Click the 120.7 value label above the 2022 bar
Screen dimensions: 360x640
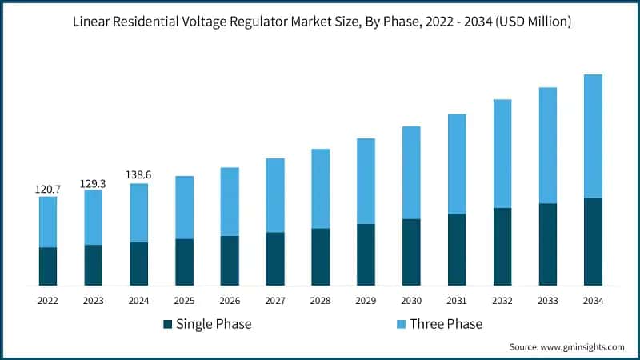coord(48,190)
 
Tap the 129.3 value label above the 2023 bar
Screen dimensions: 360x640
coord(93,183)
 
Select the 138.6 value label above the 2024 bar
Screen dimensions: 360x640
coord(138,174)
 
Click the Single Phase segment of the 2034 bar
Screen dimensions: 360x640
coord(593,242)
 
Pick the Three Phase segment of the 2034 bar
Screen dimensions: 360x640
coord(593,136)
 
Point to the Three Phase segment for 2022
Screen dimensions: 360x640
coord(48,222)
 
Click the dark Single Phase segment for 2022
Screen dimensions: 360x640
coord(48,266)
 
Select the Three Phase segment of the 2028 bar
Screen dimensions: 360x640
coord(320,189)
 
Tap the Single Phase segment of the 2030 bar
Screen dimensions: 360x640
coord(411,252)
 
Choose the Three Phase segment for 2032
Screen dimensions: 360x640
coord(502,154)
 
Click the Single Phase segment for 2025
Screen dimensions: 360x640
coord(184,262)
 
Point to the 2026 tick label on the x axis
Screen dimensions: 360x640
coord(230,301)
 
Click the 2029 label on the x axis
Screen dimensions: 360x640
coord(366,301)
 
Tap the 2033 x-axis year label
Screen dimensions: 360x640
coord(547,301)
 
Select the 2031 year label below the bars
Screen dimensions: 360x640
coord(457,301)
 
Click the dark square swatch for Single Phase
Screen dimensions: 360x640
coord(167,324)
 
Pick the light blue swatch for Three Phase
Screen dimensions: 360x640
coord(401,324)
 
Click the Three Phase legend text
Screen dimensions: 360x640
coord(446,324)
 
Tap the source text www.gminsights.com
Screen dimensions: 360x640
coord(582,346)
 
